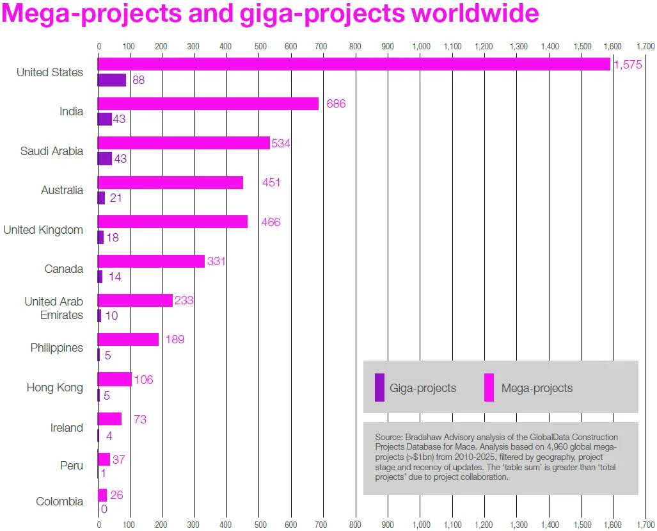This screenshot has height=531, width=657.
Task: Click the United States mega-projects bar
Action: [353, 64]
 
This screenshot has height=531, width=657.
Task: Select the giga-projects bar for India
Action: [104, 119]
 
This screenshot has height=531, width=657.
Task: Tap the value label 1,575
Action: [627, 65]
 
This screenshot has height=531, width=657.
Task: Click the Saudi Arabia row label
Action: [52, 151]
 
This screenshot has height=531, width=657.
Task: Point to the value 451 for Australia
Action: [271, 183]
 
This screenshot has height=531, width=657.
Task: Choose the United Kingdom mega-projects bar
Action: [172, 222]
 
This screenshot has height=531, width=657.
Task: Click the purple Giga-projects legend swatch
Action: [379, 388]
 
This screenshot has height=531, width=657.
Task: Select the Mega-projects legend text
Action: [537, 388]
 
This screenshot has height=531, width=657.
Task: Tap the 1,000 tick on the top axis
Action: [420, 46]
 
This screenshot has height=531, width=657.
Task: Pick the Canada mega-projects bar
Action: [151, 261]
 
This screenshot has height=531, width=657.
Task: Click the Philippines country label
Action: [57, 348]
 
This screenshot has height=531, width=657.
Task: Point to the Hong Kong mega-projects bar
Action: [115, 379]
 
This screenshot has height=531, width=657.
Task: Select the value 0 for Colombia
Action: [104, 509]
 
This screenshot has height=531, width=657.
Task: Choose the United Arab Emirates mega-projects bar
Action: [135, 300]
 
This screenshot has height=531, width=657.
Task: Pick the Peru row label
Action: [72, 466]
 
